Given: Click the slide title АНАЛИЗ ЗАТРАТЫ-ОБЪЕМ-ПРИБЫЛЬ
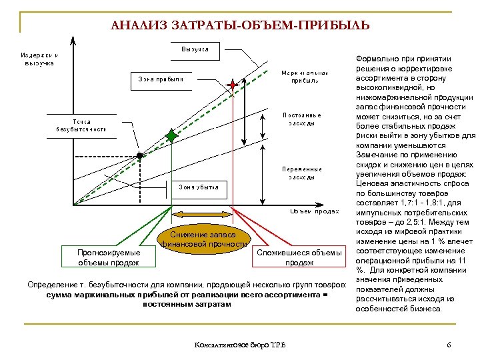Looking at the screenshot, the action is pyautogui.click(x=239, y=26).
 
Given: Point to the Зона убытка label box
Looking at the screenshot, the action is pyautogui.click(x=198, y=187).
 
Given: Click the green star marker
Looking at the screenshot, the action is pyautogui.click(x=172, y=136).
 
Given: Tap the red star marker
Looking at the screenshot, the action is pyautogui.click(x=233, y=85).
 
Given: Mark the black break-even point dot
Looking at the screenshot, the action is pyautogui.click(x=140, y=155).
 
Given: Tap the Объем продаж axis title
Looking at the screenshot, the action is pyautogui.click(x=311, y=211).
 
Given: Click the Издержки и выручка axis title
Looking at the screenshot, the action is pyautogui.click(x=40, y=59).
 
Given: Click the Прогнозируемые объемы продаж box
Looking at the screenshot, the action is pyautogui.click(x=109, y=257).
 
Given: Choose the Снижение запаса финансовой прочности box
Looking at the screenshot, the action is pyautogui.click(x=204, y=239).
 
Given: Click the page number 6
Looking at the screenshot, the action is pyautogui.click(x=449, y=345).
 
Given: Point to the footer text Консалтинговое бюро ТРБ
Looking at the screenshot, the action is pyautogui.click(x=239, y=345).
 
